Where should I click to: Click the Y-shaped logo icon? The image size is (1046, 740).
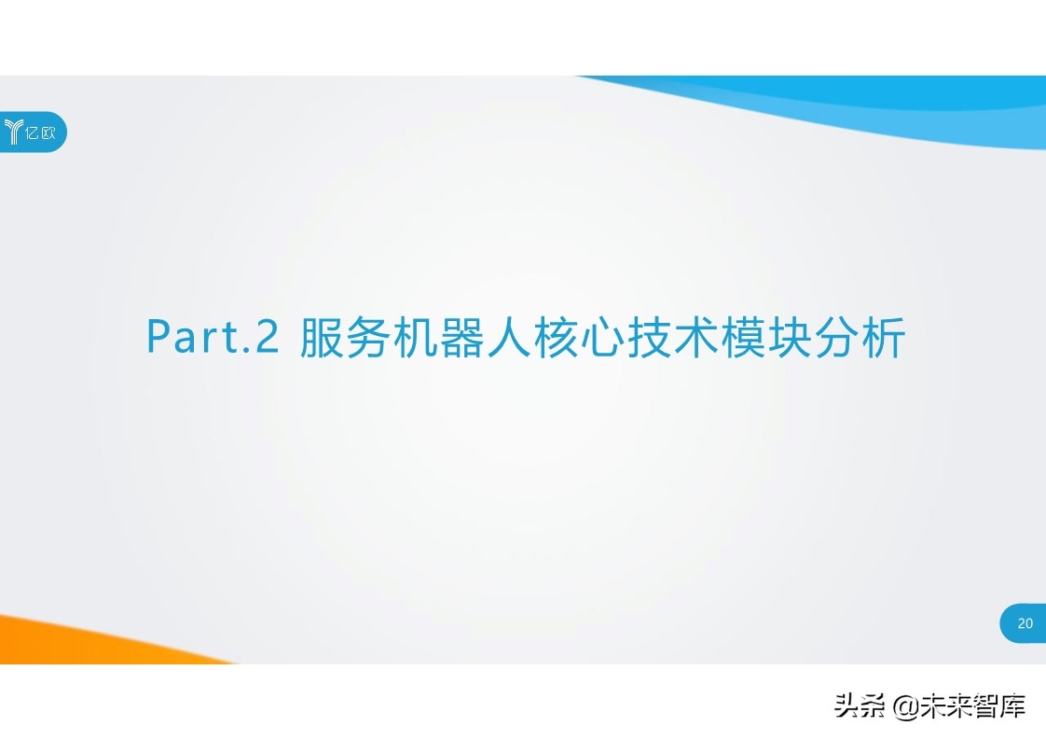[13, 133]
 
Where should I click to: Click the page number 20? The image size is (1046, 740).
[1025, 623]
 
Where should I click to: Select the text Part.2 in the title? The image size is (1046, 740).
[213, 337]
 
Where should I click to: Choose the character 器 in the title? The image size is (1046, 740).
[462, 338]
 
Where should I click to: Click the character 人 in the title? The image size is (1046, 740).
[509, 338]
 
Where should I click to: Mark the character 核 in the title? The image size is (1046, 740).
[556, 338]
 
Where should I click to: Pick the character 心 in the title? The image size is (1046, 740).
[602, 338]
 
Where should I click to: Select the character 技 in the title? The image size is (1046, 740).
[650, 338]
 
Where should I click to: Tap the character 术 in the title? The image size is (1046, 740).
[696, 338]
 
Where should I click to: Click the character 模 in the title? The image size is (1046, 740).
[743, 338]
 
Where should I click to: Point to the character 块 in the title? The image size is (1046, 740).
[790, 338]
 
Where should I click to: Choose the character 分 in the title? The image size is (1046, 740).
[836, 338]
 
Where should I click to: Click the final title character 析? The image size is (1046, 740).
[883, 338]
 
